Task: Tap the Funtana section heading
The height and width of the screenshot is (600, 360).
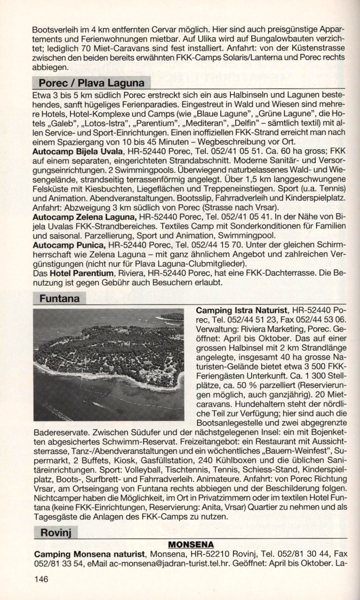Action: (59, 298)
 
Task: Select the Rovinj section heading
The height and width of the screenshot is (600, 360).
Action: (55, 533)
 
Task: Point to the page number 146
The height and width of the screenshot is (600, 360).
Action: (41, 579)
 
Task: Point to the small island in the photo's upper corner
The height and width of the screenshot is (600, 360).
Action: (172, 317)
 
